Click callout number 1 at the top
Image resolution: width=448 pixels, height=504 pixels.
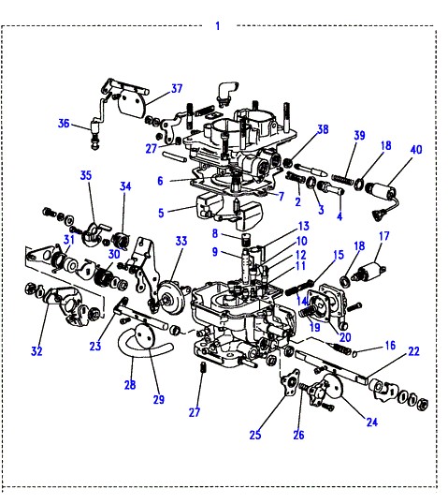(x=218, y=25)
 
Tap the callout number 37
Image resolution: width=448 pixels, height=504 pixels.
(x=177, y=88)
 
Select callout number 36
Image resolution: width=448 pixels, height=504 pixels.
(x=64, y=123)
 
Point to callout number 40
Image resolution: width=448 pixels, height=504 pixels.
(x=416, y=150)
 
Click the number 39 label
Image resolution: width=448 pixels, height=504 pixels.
(x=359, y=135)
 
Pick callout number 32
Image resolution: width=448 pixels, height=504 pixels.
(x=36, y=350)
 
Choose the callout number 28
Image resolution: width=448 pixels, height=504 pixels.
(x=130, y=384)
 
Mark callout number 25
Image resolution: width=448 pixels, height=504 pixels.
(x=255, y=435)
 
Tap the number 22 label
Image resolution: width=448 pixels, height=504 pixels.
(x=413, y=351)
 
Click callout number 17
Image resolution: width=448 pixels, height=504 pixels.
(x=384, y=236)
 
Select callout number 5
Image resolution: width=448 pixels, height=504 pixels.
(x=161, y=213)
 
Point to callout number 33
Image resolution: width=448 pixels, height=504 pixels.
(x=181, y=241)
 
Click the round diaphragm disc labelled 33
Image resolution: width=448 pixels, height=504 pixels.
(x=171, y=297)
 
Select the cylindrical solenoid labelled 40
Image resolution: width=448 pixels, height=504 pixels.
(x=382, y=192)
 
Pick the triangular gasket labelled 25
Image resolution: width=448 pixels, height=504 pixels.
(x=291, y=382)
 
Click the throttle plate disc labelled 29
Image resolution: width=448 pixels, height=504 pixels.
(x=145, y=336)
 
